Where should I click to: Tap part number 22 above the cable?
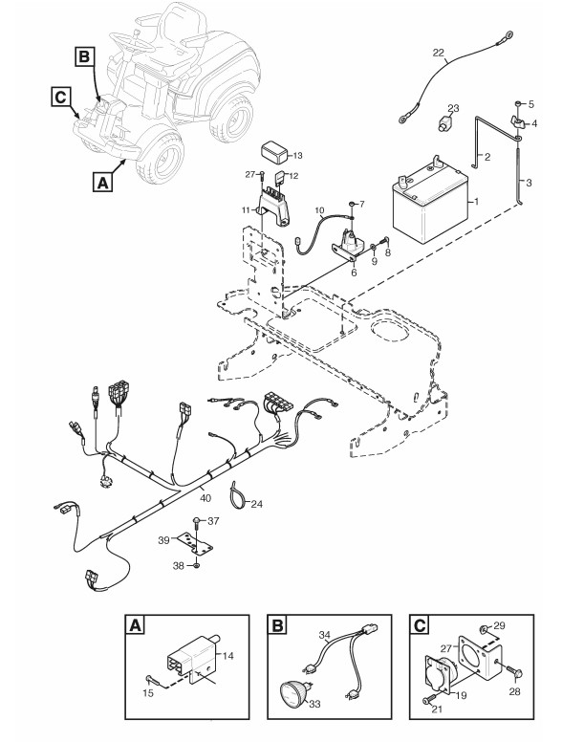pos(439,53)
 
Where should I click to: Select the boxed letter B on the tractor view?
pos(84,56)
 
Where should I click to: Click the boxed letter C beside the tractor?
pos(60,97)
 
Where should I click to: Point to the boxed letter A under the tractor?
pos(102,182)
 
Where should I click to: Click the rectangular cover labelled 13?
pos(275,152)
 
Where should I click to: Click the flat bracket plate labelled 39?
pos(195,544)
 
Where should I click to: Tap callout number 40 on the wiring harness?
pos(205,498)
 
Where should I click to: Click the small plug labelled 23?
pos(444,124)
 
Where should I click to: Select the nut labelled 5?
pos(518,103)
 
